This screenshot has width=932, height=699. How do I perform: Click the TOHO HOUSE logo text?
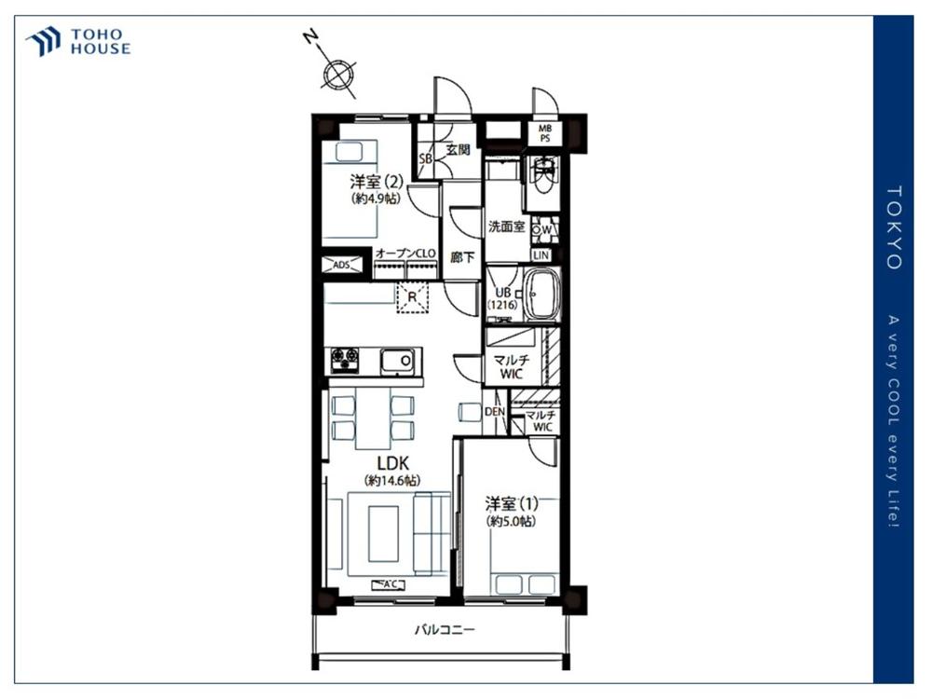(x=101, y=42)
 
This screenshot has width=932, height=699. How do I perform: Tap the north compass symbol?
(x=337, y=74)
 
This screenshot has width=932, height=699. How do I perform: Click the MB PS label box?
(x=544, y=133)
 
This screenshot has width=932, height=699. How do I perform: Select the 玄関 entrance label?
(x=458, y=149)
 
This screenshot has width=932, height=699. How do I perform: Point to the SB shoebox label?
(x=426, y=158)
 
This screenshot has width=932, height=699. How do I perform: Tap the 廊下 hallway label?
(x=462, y=257)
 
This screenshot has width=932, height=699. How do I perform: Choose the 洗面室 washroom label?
(x=506, y=226)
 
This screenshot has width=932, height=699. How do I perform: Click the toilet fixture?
(x=544, y=177)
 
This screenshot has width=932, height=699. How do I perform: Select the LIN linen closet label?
(x=541, y=255)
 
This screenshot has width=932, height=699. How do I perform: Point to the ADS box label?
(x=342, y=265)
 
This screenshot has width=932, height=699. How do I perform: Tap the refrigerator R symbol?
(x=412, y=296)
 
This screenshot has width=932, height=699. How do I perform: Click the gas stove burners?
(x=345, y=360)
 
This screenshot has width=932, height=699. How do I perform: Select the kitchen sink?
(x=398, y=362)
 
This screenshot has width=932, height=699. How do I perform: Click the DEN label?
(x=495, y=411)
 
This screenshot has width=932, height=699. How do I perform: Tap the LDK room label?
(x=393, y=463)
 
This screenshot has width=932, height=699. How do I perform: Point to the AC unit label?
(x=388, y=585)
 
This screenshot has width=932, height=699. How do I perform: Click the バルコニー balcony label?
(x=445, y=629)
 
